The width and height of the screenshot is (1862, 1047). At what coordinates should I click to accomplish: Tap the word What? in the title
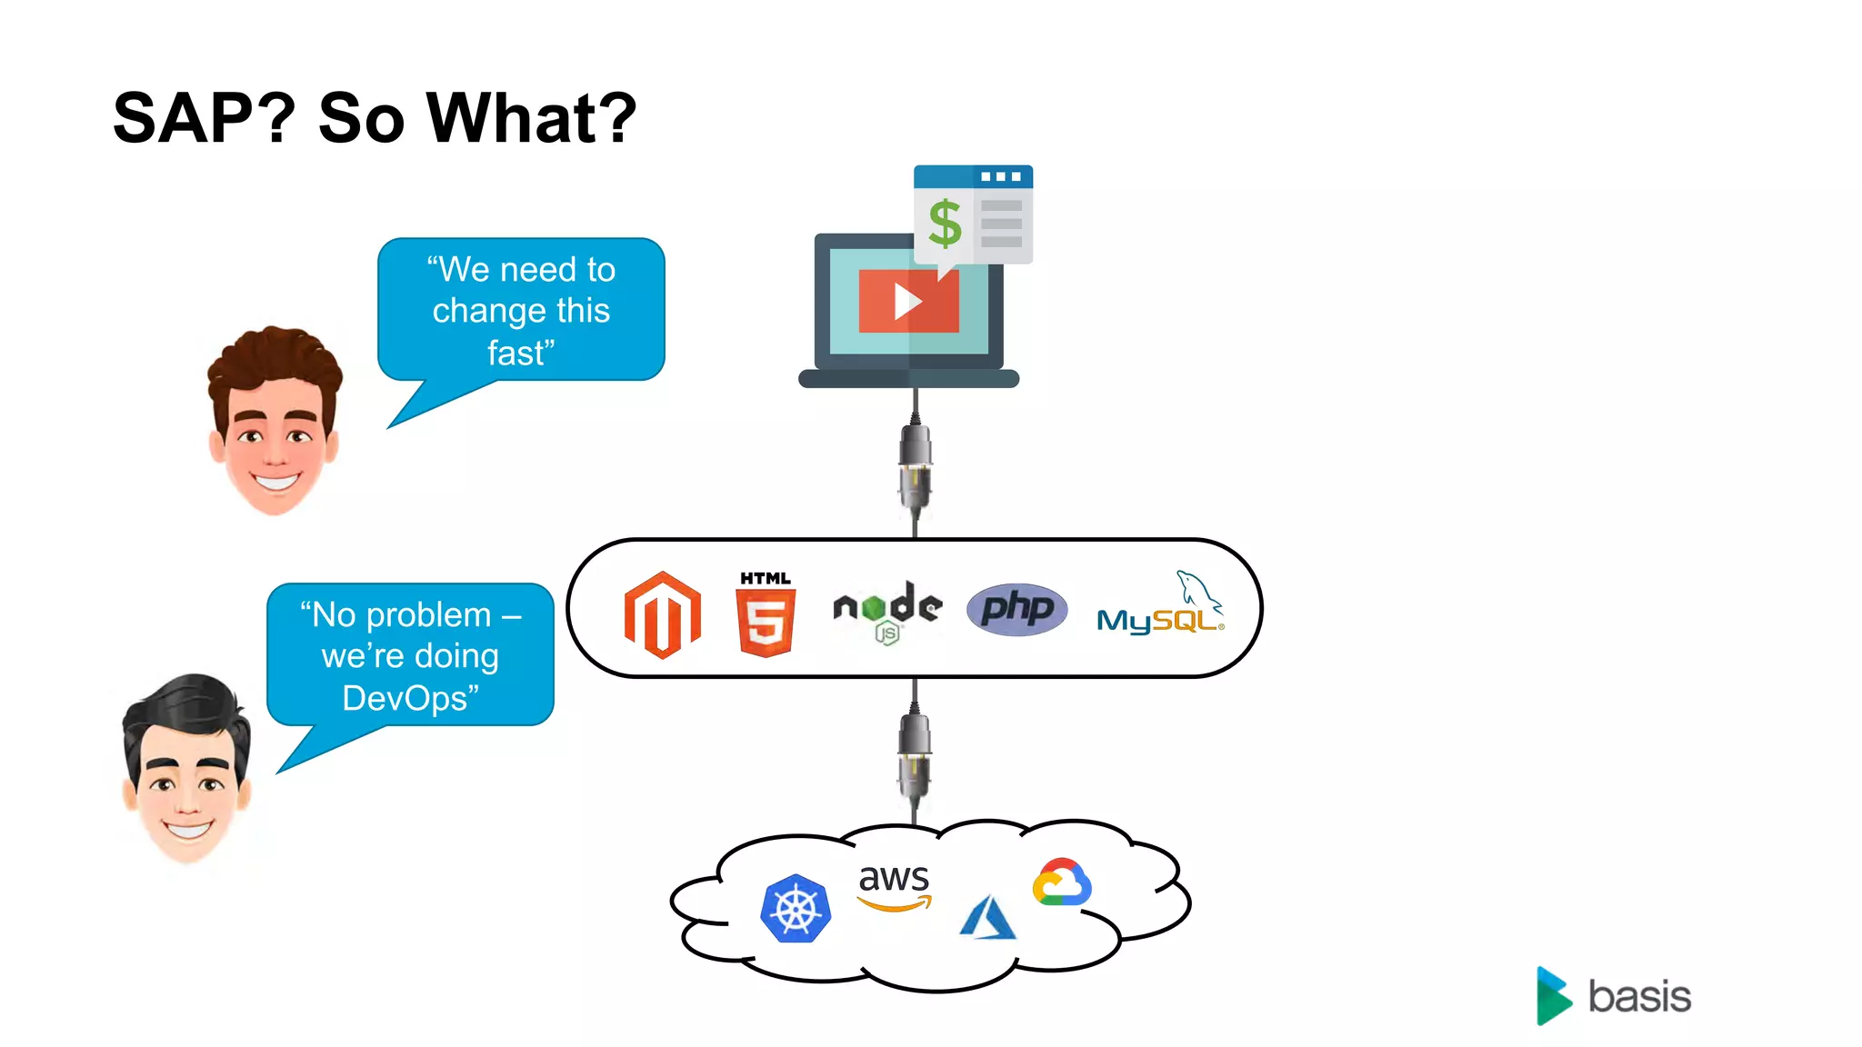532,118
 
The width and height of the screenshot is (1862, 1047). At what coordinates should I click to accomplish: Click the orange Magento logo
662,614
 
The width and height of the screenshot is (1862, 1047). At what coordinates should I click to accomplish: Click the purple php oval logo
1016,609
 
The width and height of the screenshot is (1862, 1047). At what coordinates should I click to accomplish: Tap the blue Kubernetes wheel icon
796,908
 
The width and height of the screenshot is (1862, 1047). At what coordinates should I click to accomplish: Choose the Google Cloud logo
1061,882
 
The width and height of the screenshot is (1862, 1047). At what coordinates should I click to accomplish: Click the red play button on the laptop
908,301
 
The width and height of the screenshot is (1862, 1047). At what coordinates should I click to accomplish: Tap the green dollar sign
945,224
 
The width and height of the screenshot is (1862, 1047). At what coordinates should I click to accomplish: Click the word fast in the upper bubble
518,353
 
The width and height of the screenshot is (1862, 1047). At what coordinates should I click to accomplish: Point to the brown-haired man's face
275,427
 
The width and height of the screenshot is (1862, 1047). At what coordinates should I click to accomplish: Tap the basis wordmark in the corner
1638,997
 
